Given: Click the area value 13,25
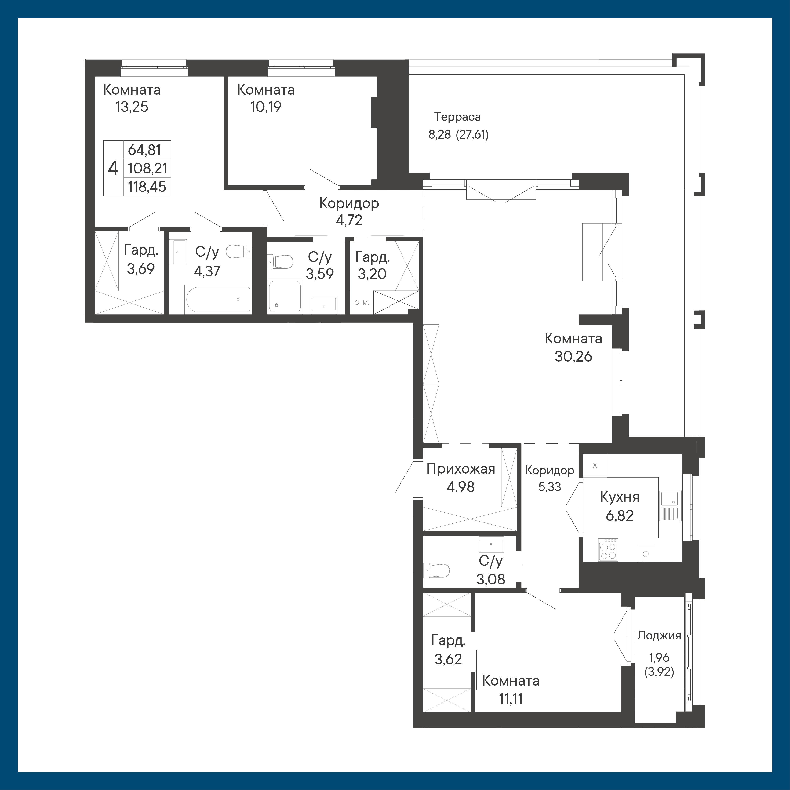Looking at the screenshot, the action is click(132, 107).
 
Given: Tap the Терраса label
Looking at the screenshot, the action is click(457, 117).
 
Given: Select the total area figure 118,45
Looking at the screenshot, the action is click(147, 187).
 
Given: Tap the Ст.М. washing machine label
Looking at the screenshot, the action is click(362, 303).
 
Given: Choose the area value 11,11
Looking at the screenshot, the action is click(511, 699).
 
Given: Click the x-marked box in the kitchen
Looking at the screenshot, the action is click(595, 465).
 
